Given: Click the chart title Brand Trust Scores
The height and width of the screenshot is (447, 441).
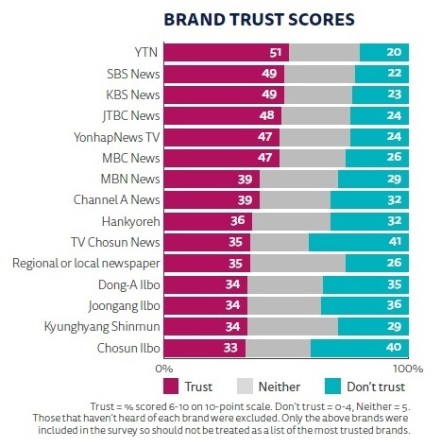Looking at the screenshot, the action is (259, 20).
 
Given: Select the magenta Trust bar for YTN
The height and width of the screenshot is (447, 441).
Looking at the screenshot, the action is (227, 52).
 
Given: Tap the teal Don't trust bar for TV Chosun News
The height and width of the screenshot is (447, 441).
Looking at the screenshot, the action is (359, 242).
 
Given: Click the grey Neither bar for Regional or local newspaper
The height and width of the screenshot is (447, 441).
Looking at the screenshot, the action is (297, 264).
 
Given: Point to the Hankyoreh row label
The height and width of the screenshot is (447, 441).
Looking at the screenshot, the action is (131, 221).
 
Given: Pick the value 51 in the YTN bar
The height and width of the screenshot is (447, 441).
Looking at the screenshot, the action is (276, 53).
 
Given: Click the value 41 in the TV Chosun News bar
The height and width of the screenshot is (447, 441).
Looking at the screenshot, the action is (395, 242).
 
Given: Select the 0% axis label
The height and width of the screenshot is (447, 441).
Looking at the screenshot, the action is (164, 369).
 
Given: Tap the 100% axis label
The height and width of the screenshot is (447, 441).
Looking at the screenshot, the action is (408, 369).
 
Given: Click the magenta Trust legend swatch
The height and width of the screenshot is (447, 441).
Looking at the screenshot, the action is (171, 387).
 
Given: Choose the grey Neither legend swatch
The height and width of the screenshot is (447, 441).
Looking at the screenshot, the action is (245, 387).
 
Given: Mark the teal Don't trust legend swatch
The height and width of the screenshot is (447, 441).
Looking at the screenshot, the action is (332, 387).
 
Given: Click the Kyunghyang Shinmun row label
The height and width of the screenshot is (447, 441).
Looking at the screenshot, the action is (102, 327).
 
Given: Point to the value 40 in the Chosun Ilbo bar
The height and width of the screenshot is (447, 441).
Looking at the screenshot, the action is (394, 347).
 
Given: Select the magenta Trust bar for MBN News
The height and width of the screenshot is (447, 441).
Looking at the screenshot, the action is (212, 179).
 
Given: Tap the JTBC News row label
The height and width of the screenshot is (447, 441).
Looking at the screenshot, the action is (131, 116).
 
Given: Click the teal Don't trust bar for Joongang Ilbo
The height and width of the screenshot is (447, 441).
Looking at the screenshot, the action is (365, 305).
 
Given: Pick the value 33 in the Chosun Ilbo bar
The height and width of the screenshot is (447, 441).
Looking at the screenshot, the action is (230, 348).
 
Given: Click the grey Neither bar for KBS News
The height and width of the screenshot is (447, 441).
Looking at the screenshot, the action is (318, 95).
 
